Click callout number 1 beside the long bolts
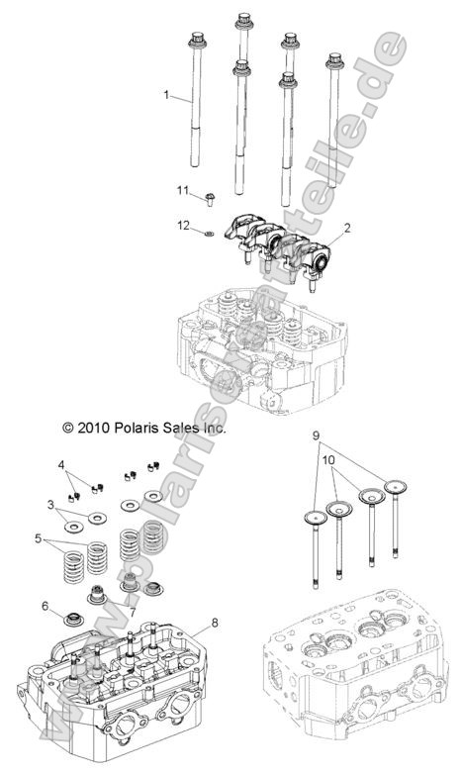pyautogui.click(x=167, y=96)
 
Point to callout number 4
pyautogui.click(x=61, y=463)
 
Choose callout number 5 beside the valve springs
pyautogui.click(x=39, y=539)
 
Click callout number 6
pyautogui.click(x=45, y=606)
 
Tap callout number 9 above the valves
pyautogui.click(x=317, y=435)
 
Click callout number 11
pyautogui.click(x=182, y=190)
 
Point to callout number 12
pyautogui.click(x=183, y=226)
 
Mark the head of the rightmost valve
pyautogui.click(x=399, y=485)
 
